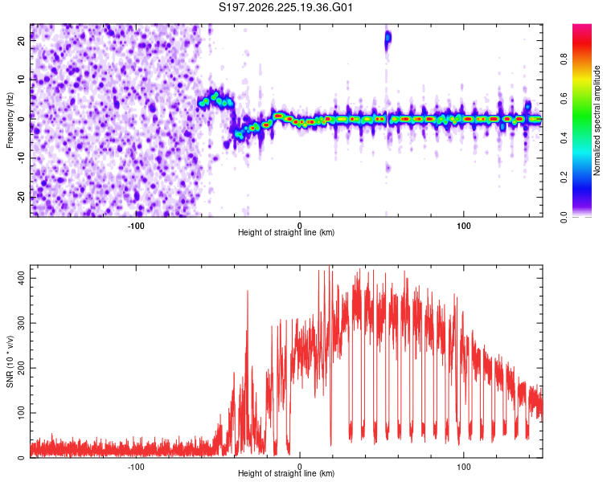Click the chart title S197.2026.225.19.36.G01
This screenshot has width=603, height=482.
[x=285, y=7]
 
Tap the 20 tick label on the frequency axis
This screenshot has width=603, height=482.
[x=22, y=40]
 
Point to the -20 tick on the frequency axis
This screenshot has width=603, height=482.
[x=22, y=197]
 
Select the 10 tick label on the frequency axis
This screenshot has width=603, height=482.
[x=22, y=80]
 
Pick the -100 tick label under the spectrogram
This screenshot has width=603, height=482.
[x=135, y=226]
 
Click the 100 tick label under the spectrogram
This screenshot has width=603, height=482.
[x=464, y=226]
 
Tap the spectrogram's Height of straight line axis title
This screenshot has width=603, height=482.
[x=286, y=232]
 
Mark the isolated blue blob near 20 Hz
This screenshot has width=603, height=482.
[x=388, y=39]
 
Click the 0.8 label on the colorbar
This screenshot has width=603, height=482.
[x=564, y=59]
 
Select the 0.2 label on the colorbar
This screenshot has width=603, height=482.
[x=564, y=177]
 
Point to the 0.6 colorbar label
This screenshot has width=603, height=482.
[x=564, y=98]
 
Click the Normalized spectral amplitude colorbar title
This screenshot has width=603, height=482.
[x=597, y=120]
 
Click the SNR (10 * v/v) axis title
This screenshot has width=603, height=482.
[x=10, y=361]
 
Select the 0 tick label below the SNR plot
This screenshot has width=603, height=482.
[x=300, y=466]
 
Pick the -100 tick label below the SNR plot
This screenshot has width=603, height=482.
[x=135, y=466]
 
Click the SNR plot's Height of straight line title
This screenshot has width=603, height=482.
[x=286, y=473]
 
